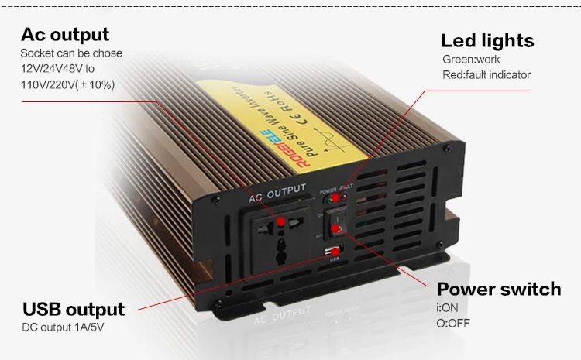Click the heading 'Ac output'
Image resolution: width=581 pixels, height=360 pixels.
[65, 35]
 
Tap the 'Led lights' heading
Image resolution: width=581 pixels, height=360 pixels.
[487, 41]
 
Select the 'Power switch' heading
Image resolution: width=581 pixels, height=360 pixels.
[499, 290]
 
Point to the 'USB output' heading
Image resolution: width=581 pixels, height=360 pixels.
[74, 310]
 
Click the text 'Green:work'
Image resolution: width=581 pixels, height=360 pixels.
[471, 60]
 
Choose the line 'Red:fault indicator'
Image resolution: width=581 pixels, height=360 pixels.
[486, 75]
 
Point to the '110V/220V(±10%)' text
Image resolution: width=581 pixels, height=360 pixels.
[68, 84]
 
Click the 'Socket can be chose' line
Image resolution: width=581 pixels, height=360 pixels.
[71, 53]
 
